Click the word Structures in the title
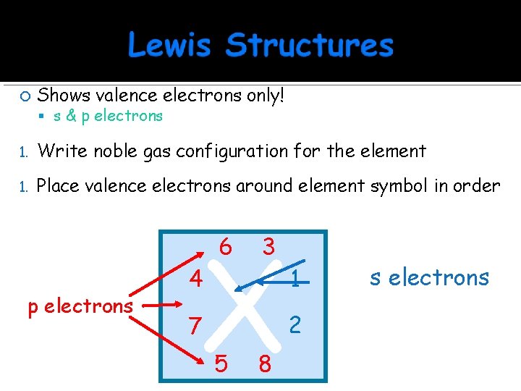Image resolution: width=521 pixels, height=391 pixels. [310, 45]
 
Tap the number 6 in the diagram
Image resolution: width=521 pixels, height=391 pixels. [225, 248]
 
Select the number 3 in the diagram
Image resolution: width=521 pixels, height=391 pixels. [268, 248]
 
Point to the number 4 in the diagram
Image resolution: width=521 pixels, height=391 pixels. [195, 279]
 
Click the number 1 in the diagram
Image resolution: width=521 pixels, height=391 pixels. [295, 277]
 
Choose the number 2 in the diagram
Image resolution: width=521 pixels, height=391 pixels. [295, 325]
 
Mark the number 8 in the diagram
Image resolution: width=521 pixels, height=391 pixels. [265, 363]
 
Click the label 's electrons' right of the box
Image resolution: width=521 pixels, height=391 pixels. [429, 277]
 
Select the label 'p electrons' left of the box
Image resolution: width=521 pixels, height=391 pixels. [80, 306]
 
